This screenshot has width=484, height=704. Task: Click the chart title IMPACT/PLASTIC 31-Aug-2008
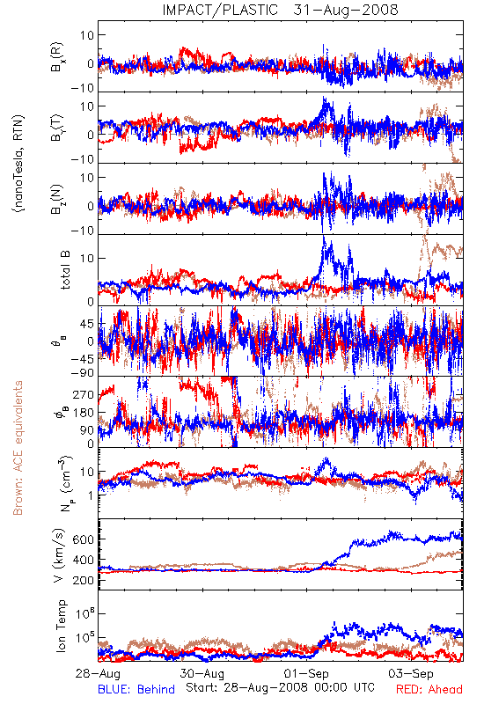tap(280, 10)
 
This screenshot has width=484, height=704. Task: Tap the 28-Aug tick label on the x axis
tap(98, 673)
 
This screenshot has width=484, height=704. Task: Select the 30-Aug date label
tap(202, 673)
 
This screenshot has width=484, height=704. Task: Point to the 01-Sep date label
tap(306, 673)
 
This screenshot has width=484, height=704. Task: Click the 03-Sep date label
tap(411, 673)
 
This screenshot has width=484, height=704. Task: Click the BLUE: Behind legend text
tap(136, 689)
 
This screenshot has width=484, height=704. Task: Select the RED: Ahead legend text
tap(429, 689)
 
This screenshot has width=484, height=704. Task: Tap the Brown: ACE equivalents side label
tap(18, 448)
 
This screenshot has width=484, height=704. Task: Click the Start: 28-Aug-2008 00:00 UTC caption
tap(280, 687)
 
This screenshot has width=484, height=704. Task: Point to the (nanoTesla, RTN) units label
tap(18, 164)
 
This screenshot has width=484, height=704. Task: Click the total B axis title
tap(65, 270)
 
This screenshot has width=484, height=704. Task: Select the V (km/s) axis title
tap(59, 555)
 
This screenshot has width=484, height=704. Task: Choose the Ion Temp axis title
tap(61, 626)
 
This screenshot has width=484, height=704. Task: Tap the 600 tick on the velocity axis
tap(83, 539)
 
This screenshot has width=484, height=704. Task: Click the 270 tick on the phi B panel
tap(84, 394)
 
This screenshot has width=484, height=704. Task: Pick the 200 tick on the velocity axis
tap(83, 580)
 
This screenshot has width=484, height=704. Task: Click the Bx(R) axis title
tap(57, 56)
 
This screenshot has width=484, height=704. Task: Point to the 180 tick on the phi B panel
tap(84, 412)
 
